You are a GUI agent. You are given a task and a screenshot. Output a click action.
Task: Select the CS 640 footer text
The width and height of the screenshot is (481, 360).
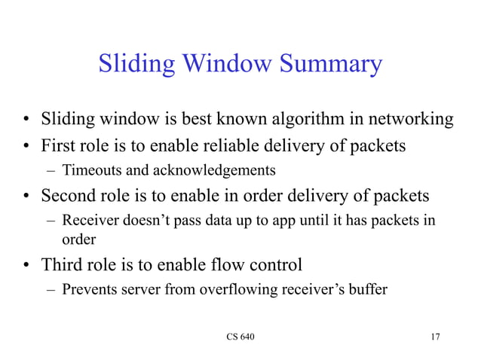pyautogui.click(x=240, y=336)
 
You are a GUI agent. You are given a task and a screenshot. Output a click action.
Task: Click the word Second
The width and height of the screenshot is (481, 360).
pyautogui.click(x=68, y=196)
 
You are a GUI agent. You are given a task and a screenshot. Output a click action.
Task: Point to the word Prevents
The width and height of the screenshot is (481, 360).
pyautogui.click(x=87, y=289)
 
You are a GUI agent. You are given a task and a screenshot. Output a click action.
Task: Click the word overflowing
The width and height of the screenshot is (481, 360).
pyautogui.click(x=236, y=289)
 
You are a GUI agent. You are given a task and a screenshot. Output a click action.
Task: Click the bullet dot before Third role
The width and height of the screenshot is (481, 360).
pyautogui.click(x=26, y=265)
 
